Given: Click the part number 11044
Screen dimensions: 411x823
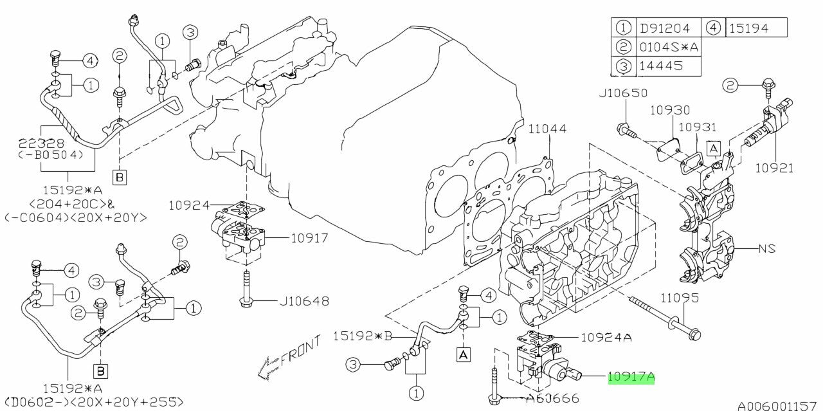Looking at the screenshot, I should tap(548, 129).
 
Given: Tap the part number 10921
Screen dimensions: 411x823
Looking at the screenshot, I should tap(773, 169).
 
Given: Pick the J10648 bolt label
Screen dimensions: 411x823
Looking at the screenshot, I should tap(303, 300).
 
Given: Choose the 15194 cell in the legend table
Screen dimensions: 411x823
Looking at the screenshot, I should tap(756, 28).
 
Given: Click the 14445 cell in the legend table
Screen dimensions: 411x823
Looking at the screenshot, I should tap(660, 66).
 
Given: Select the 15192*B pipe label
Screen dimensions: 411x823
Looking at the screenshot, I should tap(362, 336).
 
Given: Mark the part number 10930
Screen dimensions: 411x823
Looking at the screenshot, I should tap(669, 111).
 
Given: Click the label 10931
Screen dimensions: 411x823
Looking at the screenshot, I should tap(698, 127).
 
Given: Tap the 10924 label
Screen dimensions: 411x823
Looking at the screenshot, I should tap(189, 206).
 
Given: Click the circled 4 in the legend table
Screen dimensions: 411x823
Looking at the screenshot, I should tap(714, 28).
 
